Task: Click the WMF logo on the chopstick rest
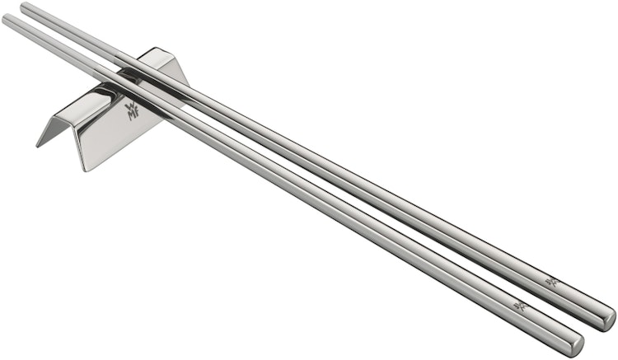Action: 132,110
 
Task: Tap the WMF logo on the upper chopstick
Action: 551,282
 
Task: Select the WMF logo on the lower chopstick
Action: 520,306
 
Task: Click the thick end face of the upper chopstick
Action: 609,318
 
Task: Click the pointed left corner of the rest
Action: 39,145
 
